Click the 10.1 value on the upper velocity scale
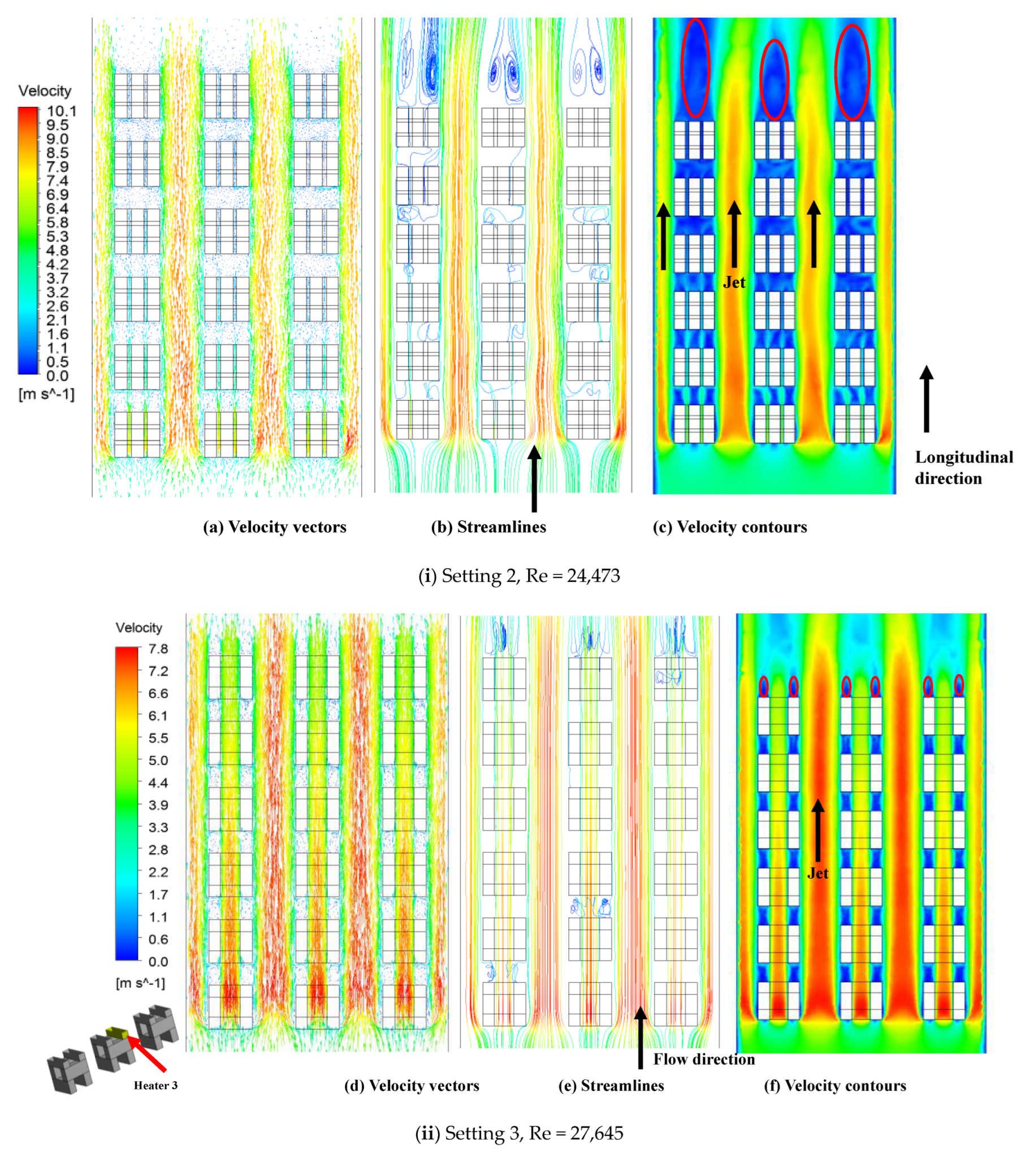[x=60, y=111]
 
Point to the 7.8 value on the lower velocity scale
[x=158, y=649]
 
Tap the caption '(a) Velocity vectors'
[x=274, y=526]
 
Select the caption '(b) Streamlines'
[x=488, y=526]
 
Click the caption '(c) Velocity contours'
[x=729, y=526]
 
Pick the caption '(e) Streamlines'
[x=611, y=1085]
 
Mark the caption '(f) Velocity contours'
[x=834, y=1085]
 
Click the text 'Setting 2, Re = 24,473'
[x=530, y=575]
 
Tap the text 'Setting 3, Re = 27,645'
[x=534, y=1132]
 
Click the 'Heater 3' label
[x=155, y=1085]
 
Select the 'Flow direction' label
[x=703, y=1059]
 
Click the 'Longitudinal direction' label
[x=963, y=467]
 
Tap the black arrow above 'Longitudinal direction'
[x=926, y=399]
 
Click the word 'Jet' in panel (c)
[x=734, y=282]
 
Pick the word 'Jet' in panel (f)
[x=817, y=873]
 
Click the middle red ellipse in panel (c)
[x=773, y=80]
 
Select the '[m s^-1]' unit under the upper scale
[x=46, y=394]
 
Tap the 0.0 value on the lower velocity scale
[x=158, y=961]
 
